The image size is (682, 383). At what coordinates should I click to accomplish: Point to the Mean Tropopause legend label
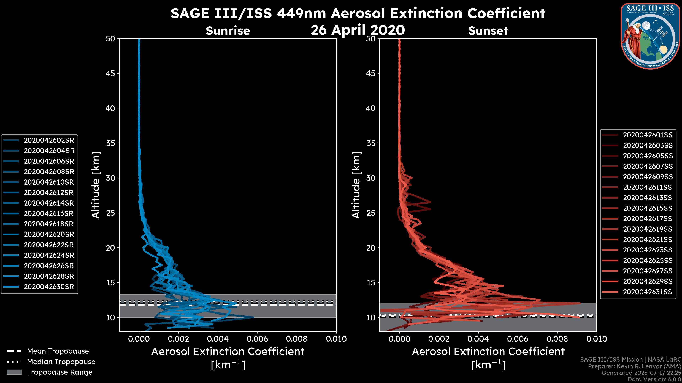click(x=58, y=351)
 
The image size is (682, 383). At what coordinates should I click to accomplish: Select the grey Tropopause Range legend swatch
click(x=14, y=372)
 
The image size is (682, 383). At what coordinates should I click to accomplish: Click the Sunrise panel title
click(x=228, y=31)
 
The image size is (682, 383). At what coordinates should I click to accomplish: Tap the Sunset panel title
click(x=488, y=31)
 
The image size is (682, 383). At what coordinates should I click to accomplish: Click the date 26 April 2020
click(x=358, y=30)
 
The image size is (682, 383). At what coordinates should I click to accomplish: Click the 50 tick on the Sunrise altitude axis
click(x=110, y=39)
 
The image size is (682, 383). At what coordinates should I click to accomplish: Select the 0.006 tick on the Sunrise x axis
click(x=257, y=339)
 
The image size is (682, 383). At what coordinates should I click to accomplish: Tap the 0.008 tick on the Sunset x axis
click(x=557, y=339)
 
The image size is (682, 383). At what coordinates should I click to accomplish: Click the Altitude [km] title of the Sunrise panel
click(x=96, y=185)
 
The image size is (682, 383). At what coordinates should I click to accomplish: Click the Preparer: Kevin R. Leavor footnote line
click(x=635, y=366)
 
